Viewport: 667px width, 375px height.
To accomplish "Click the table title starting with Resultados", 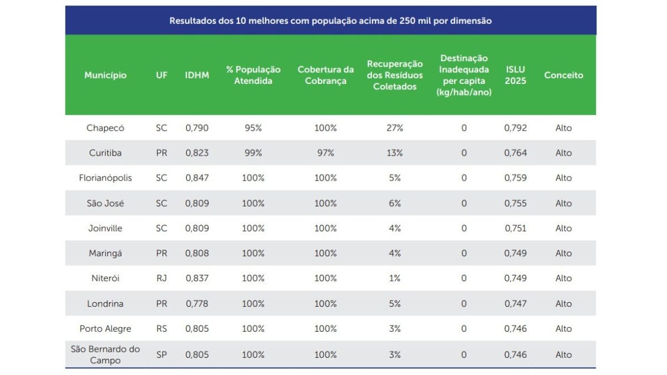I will click(x=330, y=21).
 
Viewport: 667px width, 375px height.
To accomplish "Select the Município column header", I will click(x=106, y=75).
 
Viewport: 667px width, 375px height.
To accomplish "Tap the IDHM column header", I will click(x=197, y=75).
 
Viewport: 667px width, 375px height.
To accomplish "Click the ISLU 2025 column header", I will click(x=515, y=75).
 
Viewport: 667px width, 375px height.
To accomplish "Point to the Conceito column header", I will click(x=564, y=75).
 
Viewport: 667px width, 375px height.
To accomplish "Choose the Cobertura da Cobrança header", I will click(x=326, y=75).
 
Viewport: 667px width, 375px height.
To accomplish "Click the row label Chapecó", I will click(x=106, y=128).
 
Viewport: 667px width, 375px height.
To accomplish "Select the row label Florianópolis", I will click(x=106, y=178).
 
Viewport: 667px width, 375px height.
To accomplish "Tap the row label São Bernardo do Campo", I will click(x=106, y=354).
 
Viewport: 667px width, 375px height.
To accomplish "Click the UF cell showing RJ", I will click(x=161, y=278).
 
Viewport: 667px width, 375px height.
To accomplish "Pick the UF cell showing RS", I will click(x=161, y=328).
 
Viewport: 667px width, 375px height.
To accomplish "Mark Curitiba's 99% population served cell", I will click(x=253, y=153).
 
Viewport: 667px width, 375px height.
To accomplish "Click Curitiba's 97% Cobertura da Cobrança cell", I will click(x=326, y=153).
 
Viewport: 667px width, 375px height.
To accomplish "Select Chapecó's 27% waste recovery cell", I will click(x=395, y=128).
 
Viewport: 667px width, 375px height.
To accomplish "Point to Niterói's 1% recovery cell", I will click(x=395, y=278).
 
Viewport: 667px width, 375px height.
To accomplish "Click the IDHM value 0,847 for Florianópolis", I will click(x=197, y=178).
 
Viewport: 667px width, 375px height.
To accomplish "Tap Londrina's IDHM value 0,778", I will click(x=197, y=303).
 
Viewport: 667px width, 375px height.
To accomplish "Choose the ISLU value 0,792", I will click(x=515, y=128).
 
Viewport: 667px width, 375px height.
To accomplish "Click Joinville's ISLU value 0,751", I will click(x=515, y=228).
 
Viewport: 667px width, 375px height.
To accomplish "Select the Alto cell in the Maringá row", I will click(x=564, y=253).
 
